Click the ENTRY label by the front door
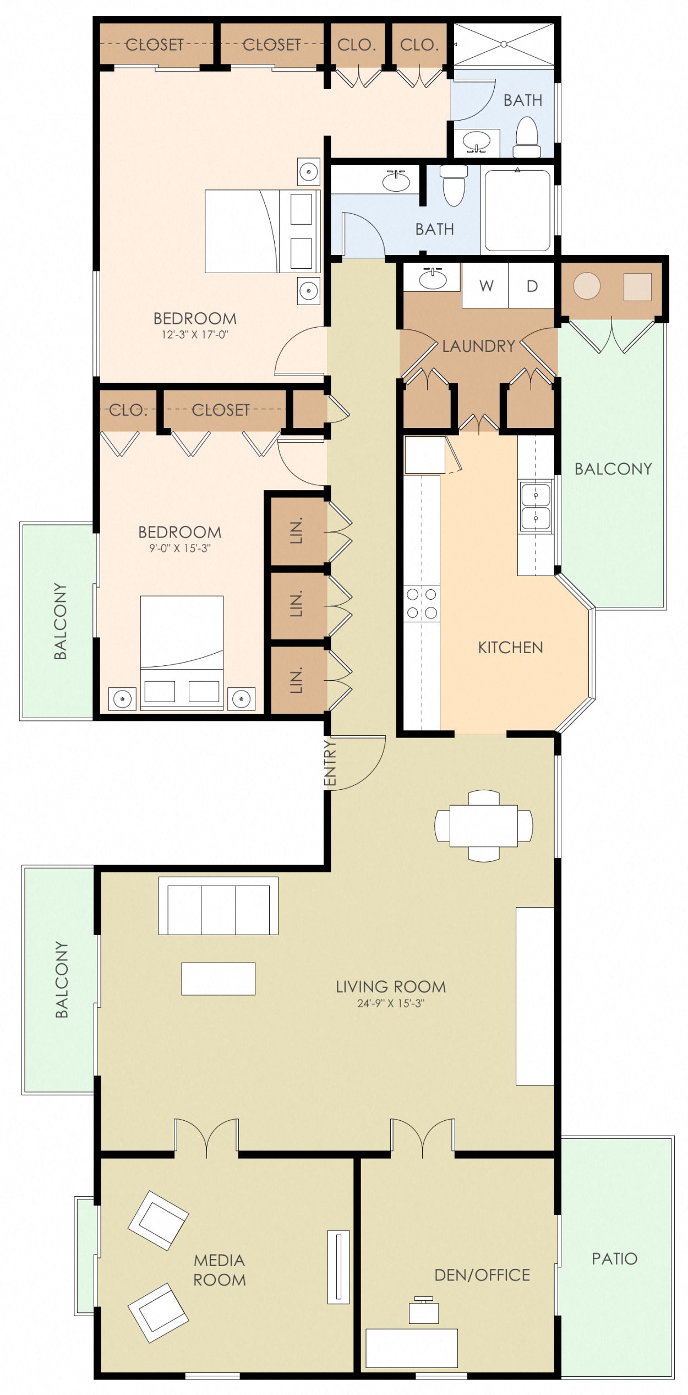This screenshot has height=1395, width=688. (x=329, y=762)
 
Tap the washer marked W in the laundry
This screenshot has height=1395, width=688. (x=485, y=286)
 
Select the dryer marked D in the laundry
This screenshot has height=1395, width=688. (x=532, y=286)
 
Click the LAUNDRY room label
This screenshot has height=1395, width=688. (x=478, y=346)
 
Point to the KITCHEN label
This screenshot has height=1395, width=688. (x=510, y=647)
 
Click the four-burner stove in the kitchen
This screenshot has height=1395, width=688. (x=422, y=604)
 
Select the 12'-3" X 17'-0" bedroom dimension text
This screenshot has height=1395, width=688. (x=195, y=334)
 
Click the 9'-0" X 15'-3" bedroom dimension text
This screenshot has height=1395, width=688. (x=180, y=548)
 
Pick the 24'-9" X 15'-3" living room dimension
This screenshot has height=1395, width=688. (x=391, y=1003)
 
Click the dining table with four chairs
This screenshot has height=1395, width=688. (x=483, y=826)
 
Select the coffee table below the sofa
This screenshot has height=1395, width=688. (x=218, y=979)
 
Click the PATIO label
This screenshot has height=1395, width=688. (x=614, y=1258)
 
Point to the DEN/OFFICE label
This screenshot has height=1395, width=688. (x=482, y=1275)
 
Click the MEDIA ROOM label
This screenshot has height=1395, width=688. (x=219, y=1270)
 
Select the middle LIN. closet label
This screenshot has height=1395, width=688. (x=297, y=604)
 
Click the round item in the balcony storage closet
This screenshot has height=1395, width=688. (x=587, y=286)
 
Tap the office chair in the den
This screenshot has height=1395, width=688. (x=424, y=1311)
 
